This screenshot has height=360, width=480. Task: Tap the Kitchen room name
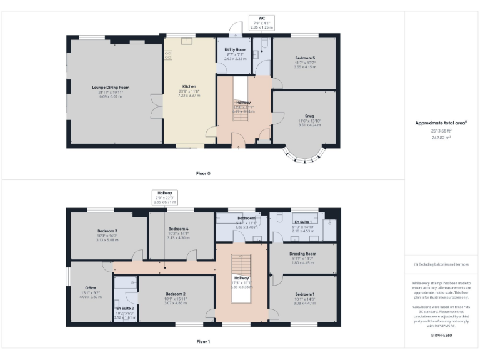click(x=189, y=86)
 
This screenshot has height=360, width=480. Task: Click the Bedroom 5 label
click(x=305, y=57)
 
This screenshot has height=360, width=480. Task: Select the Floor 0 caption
click(x=202, y=173)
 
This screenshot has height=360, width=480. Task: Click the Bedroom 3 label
click(x=107, y=231)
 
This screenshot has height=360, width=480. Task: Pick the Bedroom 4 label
click(x=178, y=229)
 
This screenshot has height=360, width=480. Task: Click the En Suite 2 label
click(x=125, y=308)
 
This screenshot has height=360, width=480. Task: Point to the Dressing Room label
click(x=302, y=254)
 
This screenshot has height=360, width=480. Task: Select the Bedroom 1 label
click(x=304, y=294)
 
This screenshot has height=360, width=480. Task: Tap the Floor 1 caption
click(x=202, y=341)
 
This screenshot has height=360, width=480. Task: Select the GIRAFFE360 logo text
click(x=441, y=336)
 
